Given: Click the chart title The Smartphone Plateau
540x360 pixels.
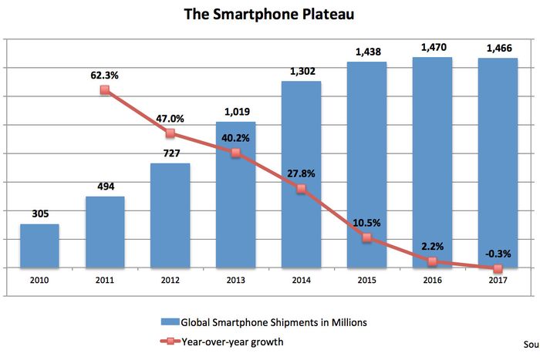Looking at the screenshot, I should point(270,15).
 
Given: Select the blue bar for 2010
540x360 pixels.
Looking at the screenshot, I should point(39,246).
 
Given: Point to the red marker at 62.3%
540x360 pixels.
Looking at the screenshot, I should point(105,90).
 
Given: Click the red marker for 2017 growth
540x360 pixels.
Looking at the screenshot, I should point(498,268).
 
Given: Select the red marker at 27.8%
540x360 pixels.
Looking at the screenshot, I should point(302,189).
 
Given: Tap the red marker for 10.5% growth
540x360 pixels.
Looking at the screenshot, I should point(367,238).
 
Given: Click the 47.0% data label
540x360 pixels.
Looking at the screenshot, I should point(170,119).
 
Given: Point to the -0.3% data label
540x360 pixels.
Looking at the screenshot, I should point(498,254).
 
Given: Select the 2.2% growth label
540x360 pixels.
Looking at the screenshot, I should point(432,246).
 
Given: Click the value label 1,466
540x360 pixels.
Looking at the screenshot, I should point(498,48).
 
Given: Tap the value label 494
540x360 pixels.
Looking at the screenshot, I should point(105,186).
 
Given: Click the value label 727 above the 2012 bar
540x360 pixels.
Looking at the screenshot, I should point(170,153).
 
